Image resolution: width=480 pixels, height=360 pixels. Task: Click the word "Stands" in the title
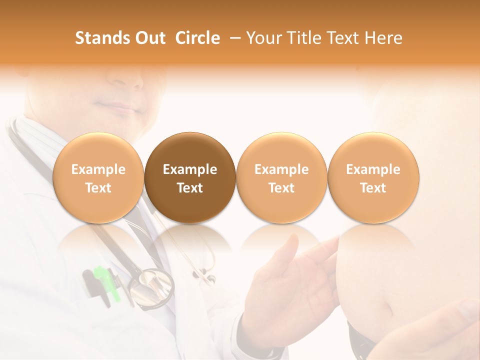[98, 38]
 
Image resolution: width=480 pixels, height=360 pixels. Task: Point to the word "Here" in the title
[383, 38]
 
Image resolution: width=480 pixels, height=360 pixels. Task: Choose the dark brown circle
[190, 178]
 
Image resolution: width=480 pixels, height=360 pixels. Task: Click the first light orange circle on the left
[98, 178]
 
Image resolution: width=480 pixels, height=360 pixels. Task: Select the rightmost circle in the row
[373, 178]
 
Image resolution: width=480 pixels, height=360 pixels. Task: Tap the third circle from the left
[281, 178]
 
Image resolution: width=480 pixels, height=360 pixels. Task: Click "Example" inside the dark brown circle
[190, 169]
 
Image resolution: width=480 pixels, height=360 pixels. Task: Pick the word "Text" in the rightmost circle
[373, 188]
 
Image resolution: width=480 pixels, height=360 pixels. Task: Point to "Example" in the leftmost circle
[98, 169]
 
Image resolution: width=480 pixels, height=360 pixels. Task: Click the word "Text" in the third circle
[281, 188]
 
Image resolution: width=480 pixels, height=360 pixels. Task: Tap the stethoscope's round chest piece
[150, 287]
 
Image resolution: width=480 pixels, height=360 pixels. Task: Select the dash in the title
[233, 38]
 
